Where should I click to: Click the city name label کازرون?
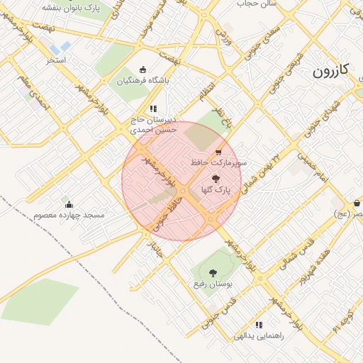(x=332, y=71)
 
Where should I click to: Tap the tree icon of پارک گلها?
(x=216, y=179)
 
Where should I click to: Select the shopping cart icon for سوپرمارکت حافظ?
(x=218, y=152)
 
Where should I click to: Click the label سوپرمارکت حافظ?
(x=218, y=162)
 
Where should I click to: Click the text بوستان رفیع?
(x=213, y=284)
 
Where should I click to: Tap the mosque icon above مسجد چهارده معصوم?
(x=69, y=204)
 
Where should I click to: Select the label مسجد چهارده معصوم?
(x=69, y=215)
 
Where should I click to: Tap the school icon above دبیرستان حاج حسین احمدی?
(x=152, y=109)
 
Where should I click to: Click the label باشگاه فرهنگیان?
(x=143, y=81)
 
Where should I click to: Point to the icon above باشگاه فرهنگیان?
(x=143, y=69)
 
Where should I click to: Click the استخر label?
(x=56, y=60)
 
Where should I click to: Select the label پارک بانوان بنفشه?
(x=70, y=7)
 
